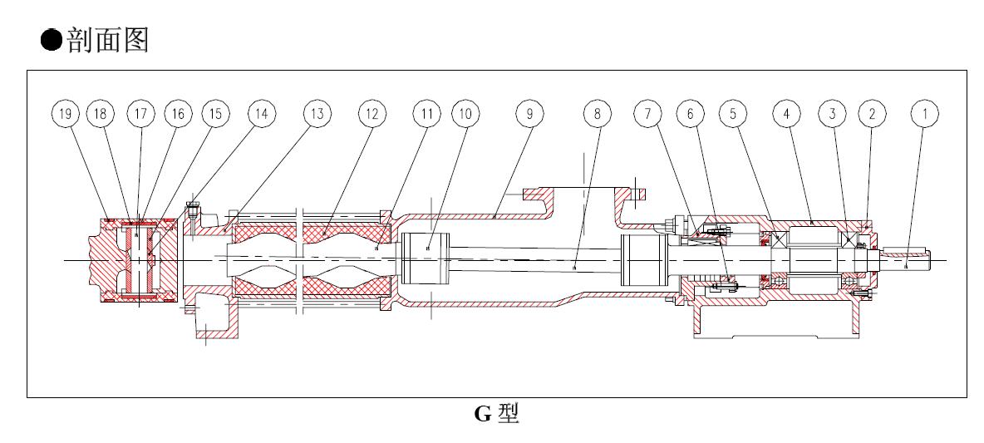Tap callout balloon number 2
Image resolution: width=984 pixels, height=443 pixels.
pyautogui.click(x=872, y=114)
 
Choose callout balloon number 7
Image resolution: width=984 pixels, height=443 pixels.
pyautogui.click(x=646, y=114)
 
